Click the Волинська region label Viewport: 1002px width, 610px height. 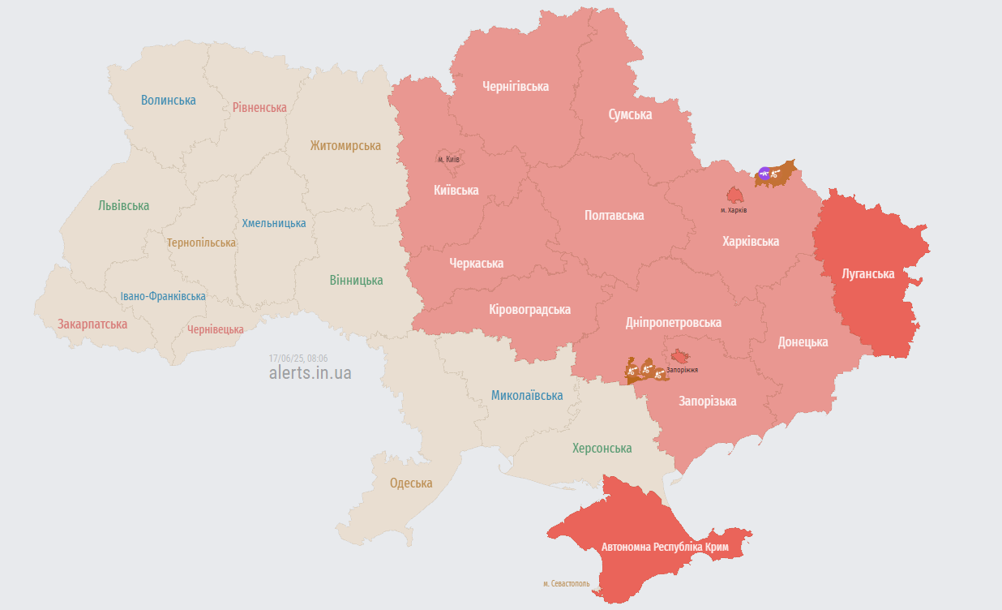[169, 101]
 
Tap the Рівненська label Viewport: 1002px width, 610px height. [259, 107]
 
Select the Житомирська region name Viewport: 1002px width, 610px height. [345, 146]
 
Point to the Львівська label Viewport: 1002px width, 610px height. [124, 206]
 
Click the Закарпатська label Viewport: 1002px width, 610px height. [92, 324]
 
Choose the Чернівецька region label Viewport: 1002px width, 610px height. [216, 329]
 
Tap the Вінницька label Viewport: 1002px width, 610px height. [357, 281]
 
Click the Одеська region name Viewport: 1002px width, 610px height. [411, 483]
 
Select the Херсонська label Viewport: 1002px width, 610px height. [602, 449]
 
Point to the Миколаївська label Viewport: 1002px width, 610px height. [527, 396]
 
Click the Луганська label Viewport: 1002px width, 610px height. [868, 274]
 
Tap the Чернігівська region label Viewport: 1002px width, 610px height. [516, 86]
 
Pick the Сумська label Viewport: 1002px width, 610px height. [631, 115]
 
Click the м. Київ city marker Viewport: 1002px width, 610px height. [448, 159]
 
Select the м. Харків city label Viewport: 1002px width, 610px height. [734, 210]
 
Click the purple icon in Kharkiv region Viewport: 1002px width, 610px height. [764, 173]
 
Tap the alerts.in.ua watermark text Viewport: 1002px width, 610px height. [310, 373]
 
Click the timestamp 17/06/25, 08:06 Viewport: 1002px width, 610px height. [298, 358]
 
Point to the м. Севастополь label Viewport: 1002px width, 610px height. [567, 584]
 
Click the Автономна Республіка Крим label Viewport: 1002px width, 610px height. [665, 548]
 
